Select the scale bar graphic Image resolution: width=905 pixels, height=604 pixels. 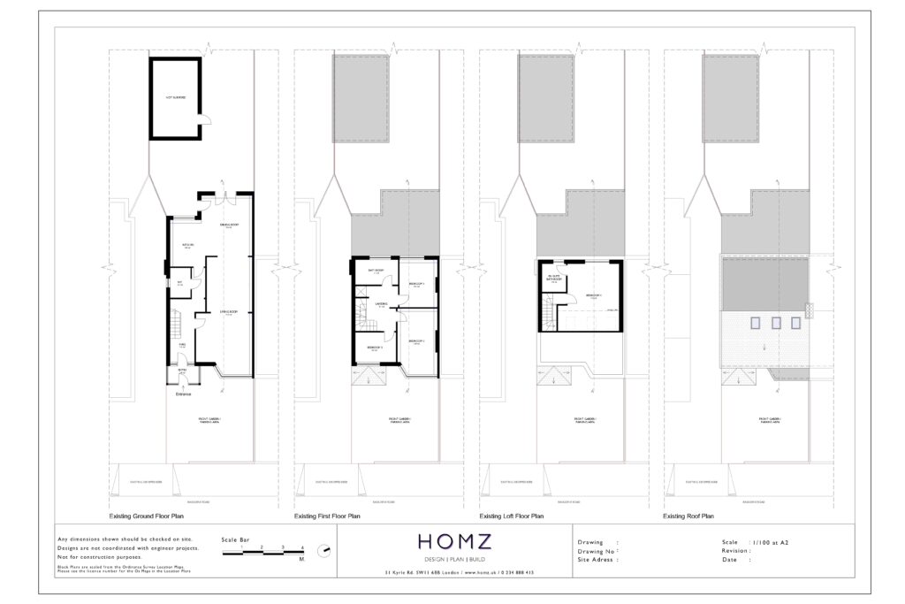pyautogui.click(x=262, y=551)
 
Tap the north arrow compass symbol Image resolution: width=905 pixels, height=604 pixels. pyautogui.click(x=326, y=551)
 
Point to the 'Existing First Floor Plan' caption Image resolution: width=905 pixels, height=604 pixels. pyautogui.click(x=326, y=516)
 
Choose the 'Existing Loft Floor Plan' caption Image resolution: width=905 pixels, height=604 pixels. pyautogui.click(x=511, y=516)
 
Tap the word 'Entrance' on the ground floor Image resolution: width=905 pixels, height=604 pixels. pyautogui.click(x=183, y=394)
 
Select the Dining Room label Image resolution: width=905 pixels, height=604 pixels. pyautogui.click(x=230, y=226)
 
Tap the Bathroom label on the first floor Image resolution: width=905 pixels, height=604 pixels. pyautogui.click(x=375, y=271)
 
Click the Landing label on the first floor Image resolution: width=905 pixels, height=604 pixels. pyautogui.click(x=382, y=303)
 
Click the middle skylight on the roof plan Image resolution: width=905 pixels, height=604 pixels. pyautogui.click(x=776, y=323)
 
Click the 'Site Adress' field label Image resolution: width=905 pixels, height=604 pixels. pyautogui.click(x=597, y=560)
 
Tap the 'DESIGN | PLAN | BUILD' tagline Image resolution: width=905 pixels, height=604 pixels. pyautogui.click(x=451, y=560)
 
